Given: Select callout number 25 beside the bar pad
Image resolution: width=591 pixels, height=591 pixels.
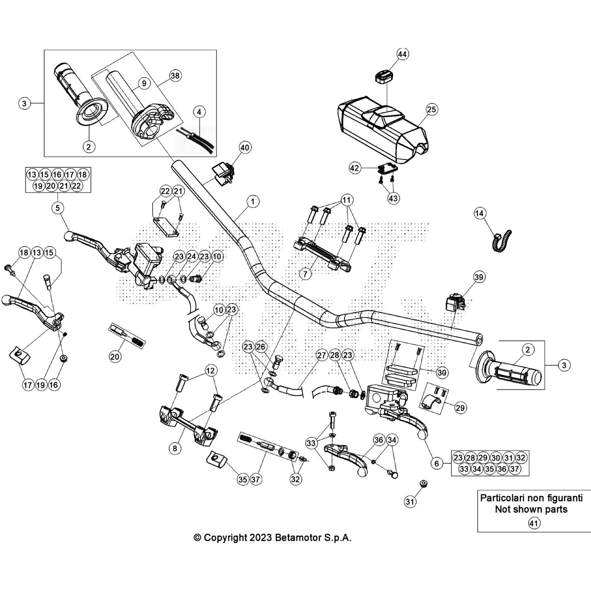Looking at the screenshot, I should tap(431, 109).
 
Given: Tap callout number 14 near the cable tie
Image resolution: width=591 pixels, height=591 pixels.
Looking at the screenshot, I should tap(479, 213).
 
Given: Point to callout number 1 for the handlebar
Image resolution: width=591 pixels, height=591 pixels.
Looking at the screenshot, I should tap(253, 202).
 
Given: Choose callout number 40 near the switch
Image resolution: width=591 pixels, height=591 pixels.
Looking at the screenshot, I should tap(245, 148).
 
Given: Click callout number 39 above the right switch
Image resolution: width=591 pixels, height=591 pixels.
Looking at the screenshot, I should tap(479, 277).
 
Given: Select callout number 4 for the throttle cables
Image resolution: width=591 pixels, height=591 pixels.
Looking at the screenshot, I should tap(199, 112).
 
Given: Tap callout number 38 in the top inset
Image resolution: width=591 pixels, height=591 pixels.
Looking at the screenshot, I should tap(175, 76).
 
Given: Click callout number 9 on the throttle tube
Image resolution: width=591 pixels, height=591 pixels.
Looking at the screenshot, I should tap(144, 83).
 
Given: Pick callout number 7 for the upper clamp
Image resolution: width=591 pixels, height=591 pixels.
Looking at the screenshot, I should tap(305, 274).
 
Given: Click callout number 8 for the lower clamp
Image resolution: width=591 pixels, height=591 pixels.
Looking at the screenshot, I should tap(175, 449).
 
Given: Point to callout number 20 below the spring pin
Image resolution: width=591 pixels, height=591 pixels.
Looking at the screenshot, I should tap(115, 356).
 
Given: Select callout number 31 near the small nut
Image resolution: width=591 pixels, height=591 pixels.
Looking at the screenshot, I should tap(410, 501).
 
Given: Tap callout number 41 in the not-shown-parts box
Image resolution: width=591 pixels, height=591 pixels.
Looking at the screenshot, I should tap(534, 523).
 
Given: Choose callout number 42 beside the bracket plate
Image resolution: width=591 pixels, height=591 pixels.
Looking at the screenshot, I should tap(354, 168).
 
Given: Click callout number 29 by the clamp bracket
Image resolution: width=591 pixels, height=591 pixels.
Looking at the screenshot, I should tap(460, 408).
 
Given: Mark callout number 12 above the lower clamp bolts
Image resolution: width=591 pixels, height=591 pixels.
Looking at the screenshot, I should tap(211, 370).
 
